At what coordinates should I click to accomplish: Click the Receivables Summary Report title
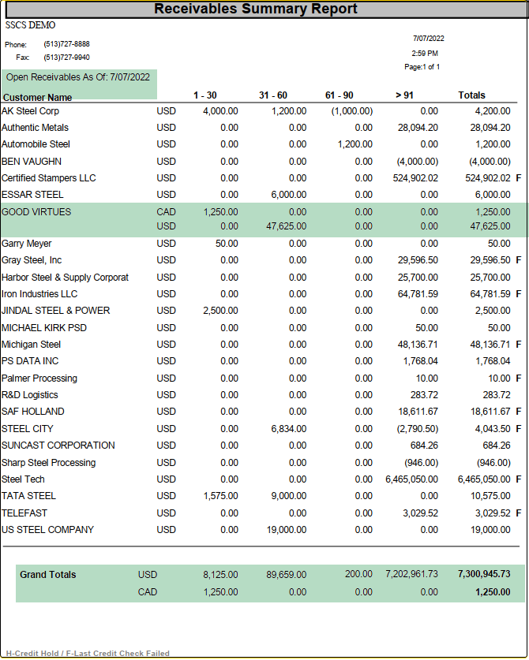point(256,9)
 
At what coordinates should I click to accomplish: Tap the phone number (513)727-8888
point(66,44)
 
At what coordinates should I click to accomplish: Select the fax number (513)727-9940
point(66,58)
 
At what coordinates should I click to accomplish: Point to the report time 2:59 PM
point(425,53)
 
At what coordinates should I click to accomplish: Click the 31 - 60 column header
point(273,95)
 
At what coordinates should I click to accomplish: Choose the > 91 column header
point(403,95)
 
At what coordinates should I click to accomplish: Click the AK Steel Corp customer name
point(30,111)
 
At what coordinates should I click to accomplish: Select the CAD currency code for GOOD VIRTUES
point(166,211)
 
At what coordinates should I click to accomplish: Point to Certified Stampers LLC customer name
point(48,178)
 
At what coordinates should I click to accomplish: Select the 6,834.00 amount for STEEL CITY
point(289,429)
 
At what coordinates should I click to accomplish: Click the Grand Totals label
point(48,575)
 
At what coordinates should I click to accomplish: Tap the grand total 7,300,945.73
point(483,575)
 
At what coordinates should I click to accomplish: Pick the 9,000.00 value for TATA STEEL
point(289,496)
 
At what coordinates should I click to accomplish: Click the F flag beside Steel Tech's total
point(519,479)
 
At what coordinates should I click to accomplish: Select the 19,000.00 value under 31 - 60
point(286,530)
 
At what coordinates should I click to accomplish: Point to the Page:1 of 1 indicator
point(422,68)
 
